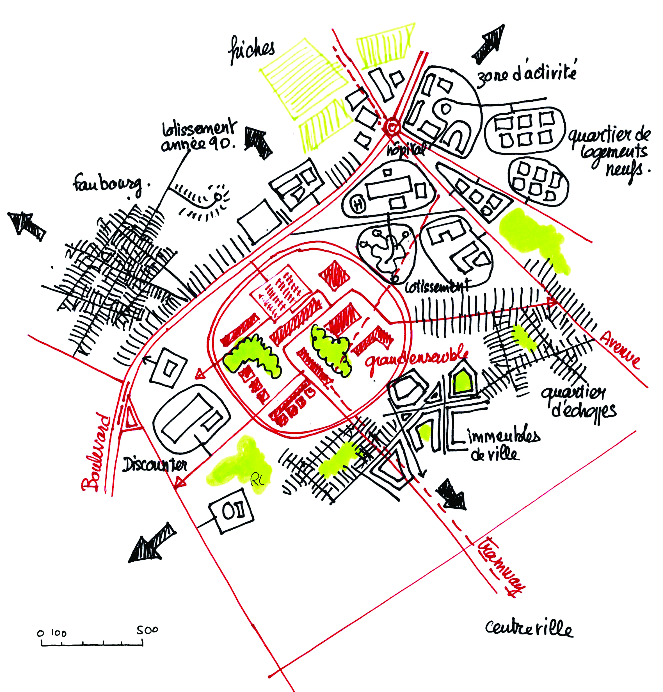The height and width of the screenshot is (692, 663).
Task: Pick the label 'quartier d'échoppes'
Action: click(579, 402)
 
